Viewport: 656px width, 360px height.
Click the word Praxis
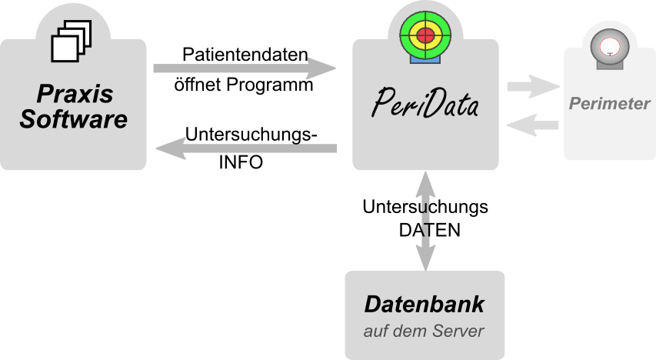75,93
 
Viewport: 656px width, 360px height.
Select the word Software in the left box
73,119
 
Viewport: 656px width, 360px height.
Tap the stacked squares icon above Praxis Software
71,41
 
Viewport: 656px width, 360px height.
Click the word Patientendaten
245,55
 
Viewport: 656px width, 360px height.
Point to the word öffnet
198,84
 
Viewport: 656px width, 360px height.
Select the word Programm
270,85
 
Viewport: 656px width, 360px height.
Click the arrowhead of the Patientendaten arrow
321,68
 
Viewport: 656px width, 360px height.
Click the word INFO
241,162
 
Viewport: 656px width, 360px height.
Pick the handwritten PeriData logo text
425,103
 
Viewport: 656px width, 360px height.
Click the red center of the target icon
425,35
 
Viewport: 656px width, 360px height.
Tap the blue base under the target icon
425,60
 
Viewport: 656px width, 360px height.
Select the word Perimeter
610,103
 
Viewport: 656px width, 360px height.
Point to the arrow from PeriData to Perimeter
534,87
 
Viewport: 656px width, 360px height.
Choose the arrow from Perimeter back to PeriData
533,125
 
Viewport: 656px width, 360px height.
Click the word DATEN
429,230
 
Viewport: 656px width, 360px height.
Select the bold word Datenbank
425,304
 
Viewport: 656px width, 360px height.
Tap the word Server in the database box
458,331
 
